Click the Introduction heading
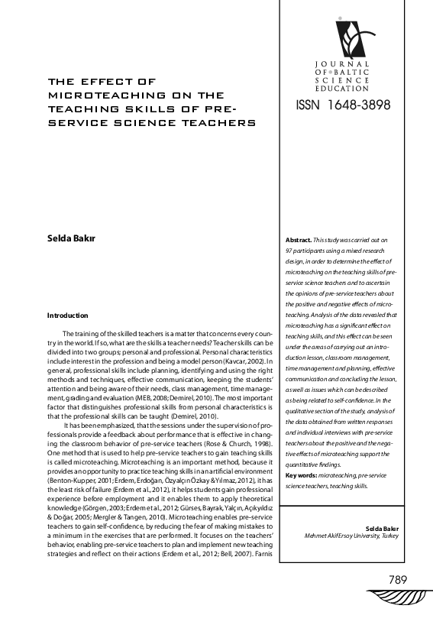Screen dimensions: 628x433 pyautogui.click(x=67, y=316)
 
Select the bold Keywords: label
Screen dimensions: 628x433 pyautogui.click(x=301, y=475)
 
